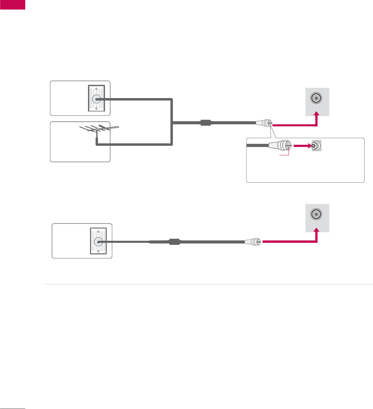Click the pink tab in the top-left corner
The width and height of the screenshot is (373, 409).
click(13, 4)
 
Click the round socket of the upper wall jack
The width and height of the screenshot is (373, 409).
click(96, 99)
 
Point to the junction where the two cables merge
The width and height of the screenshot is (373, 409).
click(173, 124)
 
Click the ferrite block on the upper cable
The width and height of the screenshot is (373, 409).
click(206, 123)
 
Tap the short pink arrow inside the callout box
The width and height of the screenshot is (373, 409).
click(301, 146)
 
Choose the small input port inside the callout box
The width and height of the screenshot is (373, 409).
click(316, 146)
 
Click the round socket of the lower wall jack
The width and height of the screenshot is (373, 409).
click(98, 242)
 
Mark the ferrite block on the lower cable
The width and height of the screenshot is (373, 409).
click(174, 242)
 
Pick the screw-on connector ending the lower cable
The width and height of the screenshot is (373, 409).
click(253, 242)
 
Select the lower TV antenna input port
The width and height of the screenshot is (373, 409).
click(316, 215)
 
